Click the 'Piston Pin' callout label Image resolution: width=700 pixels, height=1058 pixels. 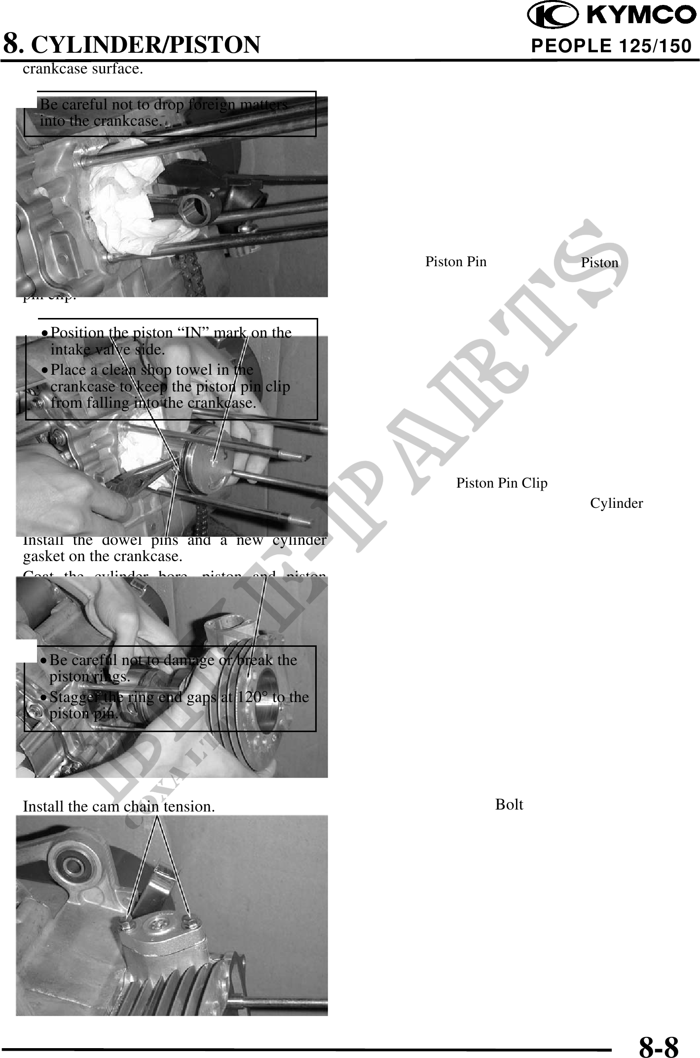456,262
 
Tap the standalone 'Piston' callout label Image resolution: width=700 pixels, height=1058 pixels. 599,263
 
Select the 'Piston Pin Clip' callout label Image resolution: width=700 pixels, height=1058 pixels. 502,483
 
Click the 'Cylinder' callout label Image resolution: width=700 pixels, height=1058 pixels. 616,503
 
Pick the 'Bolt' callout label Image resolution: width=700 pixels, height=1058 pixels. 509,805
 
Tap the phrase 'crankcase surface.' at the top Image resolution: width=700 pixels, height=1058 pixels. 83,69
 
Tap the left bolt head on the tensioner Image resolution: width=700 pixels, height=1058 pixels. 126,922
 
